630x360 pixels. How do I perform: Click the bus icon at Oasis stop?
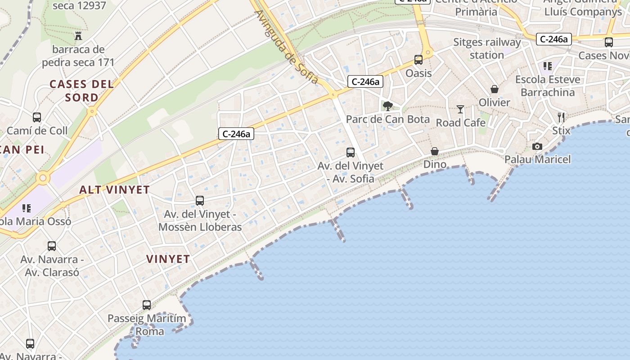click(x=418, y=60)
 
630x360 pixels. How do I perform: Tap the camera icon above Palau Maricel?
click(x=537, y=146)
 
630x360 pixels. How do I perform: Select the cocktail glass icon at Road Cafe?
click(x=460, y=109)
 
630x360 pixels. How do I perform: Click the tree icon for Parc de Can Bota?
click(x=387, y=106)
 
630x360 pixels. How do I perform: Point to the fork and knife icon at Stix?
click(x=561, y=117)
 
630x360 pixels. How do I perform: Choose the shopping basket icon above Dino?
click(x=435, y=151)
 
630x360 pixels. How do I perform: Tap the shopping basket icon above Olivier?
click(x=495, y=89)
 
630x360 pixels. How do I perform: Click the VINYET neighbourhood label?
click(x=168, y=259)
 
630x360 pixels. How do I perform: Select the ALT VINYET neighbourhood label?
click(x=114, y=189)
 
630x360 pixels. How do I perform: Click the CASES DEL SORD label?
click(x=81, y=90)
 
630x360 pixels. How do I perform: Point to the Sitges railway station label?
click(x=487, y=49)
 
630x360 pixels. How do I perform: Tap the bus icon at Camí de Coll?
click(x=37, y=117)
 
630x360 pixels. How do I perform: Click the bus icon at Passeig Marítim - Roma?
click(x=147, y=305)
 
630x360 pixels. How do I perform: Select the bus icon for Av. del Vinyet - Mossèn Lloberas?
click(x=200, y=201)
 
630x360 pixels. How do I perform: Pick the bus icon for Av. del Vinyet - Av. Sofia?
click(x=351, y=153)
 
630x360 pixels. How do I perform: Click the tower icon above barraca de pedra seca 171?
click(x=79, y=36)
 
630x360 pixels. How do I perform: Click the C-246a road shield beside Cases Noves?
click(x=553, y=39)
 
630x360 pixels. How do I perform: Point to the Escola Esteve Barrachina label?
click(x=548, y=86)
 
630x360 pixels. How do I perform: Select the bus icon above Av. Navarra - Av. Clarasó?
click(x=52, y=246)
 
